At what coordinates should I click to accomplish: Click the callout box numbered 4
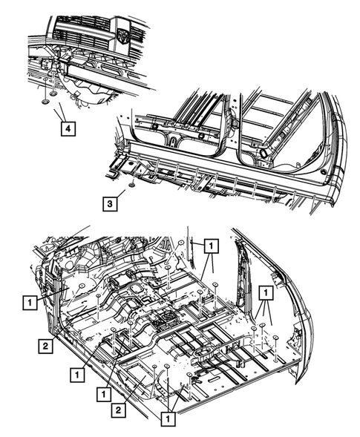point(67,129)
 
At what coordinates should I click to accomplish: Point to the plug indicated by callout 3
point(130,183)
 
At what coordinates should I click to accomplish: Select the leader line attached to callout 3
point(121,192)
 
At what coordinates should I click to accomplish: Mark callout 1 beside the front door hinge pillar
point(29,303)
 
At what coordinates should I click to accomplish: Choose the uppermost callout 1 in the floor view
point(211,244)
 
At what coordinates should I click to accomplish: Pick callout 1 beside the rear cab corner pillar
point(264,293)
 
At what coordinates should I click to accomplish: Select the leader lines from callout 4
point(59,111)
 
